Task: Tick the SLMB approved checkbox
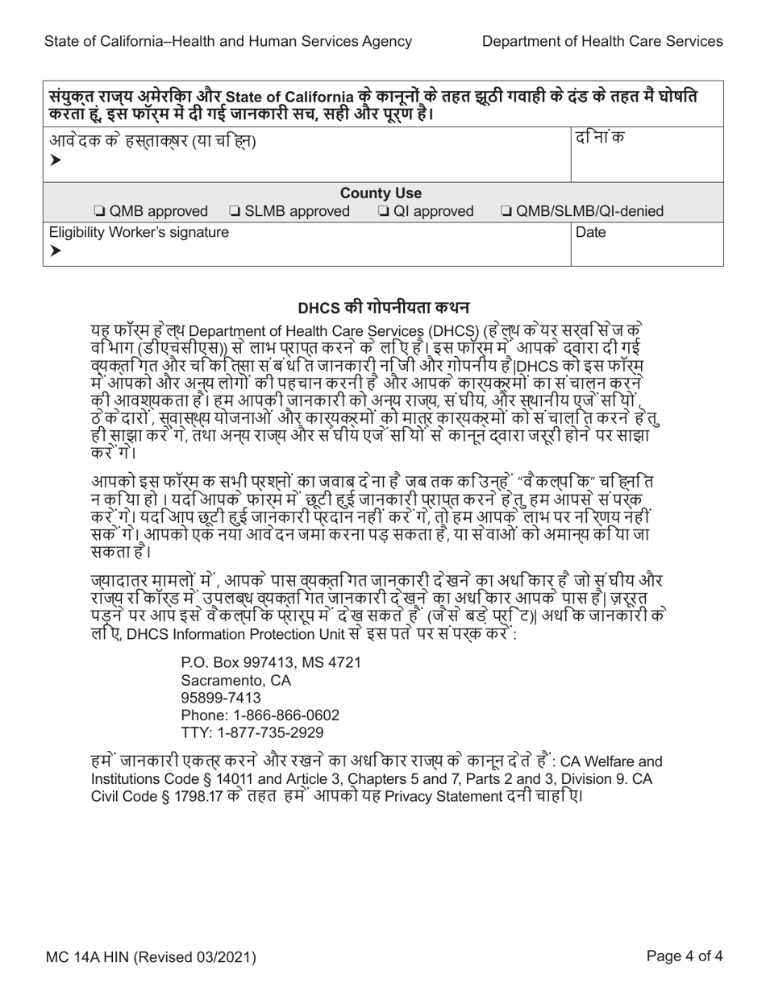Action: tap(235, 212)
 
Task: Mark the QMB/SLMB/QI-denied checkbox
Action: tap(506, 212)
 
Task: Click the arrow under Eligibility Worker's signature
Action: tap(55, 251)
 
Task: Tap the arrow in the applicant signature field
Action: tap(55, 160)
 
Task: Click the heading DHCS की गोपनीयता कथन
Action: tap(384, 308)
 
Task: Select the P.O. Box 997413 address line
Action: tap(271, 662)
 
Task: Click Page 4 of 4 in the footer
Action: tap(685, 958)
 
